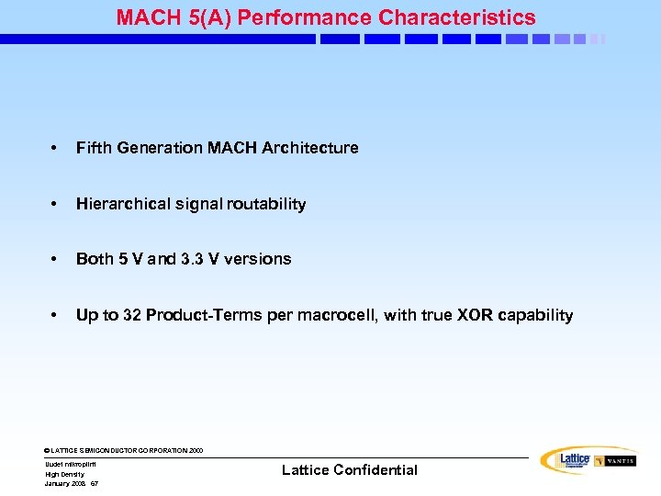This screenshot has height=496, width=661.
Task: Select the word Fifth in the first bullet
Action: [93, 148]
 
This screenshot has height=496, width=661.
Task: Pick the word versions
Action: [257, 259]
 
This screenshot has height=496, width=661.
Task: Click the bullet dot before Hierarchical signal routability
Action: [55, 204]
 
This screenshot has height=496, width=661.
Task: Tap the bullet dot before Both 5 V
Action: [55, 259]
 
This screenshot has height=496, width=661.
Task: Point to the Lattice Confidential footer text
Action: [349, 470]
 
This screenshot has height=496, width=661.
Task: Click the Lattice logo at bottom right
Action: [566, 460]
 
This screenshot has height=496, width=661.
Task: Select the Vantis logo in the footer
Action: [614, 460]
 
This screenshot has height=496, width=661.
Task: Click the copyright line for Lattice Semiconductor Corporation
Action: [124, 450]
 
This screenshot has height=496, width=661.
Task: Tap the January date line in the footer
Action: [71, 483]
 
